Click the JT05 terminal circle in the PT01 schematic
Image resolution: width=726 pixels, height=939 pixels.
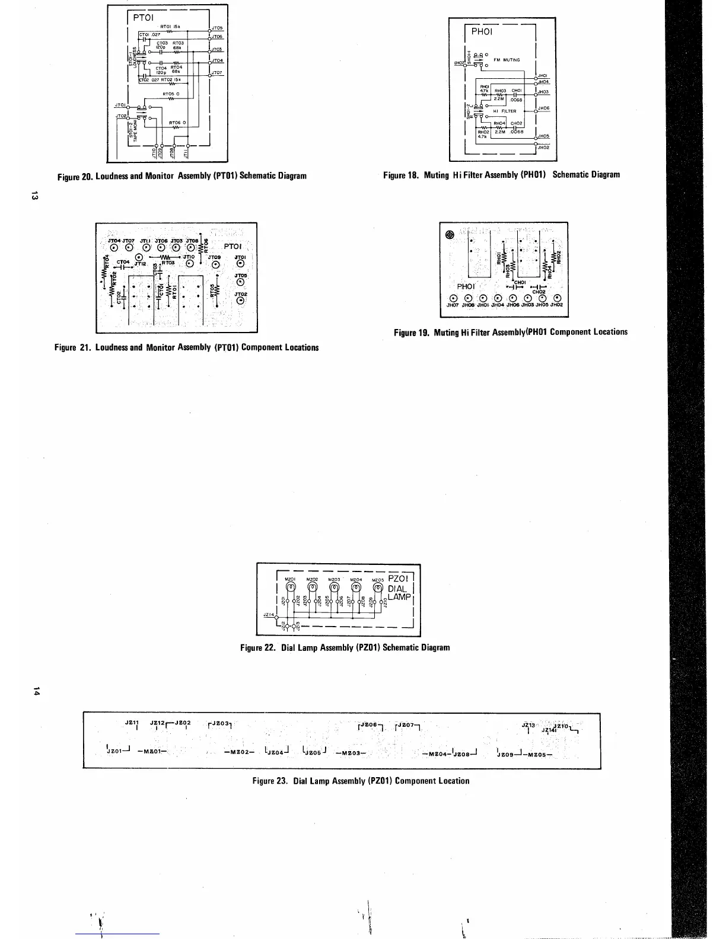[x=211, y=29]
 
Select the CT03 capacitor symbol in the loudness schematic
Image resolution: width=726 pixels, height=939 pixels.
[x=161, y=51]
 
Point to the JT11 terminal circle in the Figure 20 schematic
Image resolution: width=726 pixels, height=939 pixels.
[x=187, y=145]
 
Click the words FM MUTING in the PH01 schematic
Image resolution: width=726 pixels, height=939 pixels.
[x=507, y=60]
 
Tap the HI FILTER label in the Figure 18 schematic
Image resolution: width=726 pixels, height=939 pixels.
[x=505, y=111]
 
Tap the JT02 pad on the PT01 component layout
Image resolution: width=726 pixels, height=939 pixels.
[x=240, y=301]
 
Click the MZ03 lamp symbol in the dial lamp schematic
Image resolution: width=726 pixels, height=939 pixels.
[x=334, y=587]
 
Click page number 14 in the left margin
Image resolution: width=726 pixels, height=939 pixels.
[x=36, y=691]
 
